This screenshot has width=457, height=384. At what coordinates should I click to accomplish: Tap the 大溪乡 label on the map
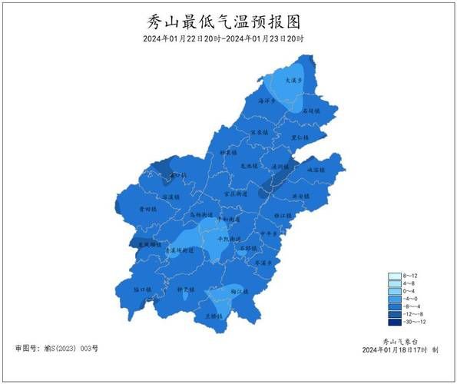[286, 79]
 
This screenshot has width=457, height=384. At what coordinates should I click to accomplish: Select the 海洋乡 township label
[267, 101]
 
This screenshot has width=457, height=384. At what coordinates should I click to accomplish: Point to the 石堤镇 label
[310, 111]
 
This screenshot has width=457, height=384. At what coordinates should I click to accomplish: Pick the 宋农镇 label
[259, 132]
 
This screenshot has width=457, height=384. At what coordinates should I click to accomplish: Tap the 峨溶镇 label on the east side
[316, 169]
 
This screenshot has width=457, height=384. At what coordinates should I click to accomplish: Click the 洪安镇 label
[300, 196]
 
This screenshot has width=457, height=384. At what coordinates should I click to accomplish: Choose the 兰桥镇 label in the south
[214, 316]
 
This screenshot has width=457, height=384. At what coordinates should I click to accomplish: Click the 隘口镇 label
[144, 290]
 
